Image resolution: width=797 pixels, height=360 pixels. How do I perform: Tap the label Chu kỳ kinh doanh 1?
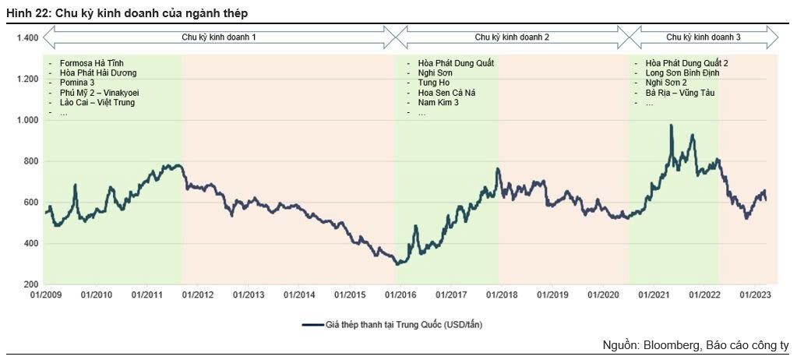point(219,37)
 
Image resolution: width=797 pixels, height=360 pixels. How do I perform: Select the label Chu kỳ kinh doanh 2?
point(512,37)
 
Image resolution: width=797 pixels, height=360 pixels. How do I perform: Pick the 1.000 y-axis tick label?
point(27,120)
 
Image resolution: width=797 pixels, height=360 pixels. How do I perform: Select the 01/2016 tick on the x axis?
point(399,295)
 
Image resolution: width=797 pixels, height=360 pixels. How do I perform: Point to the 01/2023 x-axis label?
point(754,295)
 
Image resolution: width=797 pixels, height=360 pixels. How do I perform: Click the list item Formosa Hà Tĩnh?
point(91,63)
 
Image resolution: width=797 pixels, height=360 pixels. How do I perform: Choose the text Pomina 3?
point(77,83)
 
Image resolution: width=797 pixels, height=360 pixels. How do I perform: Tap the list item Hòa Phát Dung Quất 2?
point(686,63)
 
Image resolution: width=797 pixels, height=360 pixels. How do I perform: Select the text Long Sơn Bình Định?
point(682,73)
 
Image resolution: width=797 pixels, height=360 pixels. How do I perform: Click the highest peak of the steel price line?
point(671,125)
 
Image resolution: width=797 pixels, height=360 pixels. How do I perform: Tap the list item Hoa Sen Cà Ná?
point(446,93)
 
